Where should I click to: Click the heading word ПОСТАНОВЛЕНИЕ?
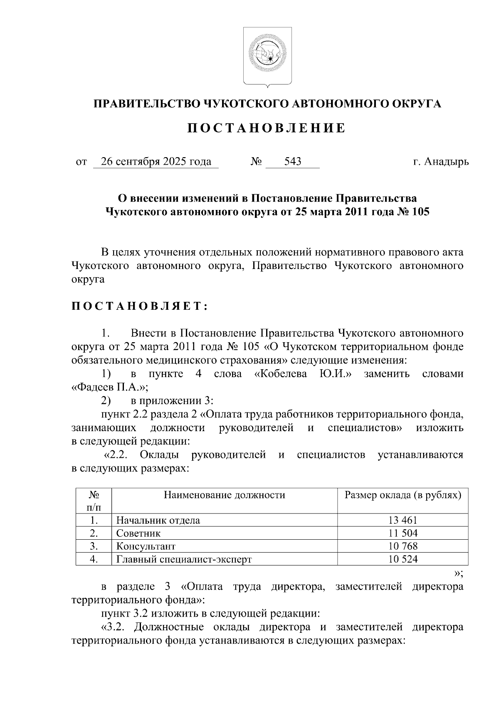point(267,128)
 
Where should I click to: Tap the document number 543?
point(293,161)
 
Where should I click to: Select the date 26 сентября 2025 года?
point(156,161)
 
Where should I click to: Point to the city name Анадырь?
point(447,161)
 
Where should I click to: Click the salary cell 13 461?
point(403,520)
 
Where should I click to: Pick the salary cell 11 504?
point(403,533)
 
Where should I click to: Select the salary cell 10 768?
point(403,546)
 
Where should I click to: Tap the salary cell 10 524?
point(403,559)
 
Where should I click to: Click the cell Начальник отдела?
point(158,520)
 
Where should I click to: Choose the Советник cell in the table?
point(138,533)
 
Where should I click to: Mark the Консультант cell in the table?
point(146,546)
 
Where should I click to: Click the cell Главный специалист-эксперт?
point(184,559)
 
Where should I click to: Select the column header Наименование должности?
point(224,495)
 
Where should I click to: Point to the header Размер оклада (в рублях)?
point(403,495)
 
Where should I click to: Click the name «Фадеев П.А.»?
point(110,387)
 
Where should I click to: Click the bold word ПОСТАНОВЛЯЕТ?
point(139,307)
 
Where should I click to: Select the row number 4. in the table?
point(94,559)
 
